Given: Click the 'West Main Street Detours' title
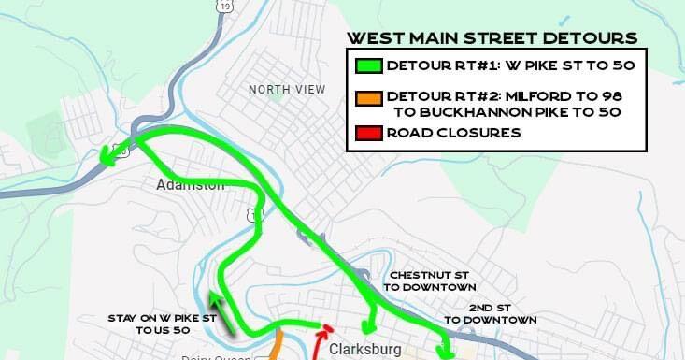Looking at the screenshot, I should pos(492,38).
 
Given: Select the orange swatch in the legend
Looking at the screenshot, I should pos(368,96).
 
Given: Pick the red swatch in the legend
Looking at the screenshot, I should pos(368,133).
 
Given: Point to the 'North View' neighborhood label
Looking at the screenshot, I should pos(287,89).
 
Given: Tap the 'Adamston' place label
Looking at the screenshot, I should pos(191,185).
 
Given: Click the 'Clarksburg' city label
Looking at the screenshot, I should pos(364,349).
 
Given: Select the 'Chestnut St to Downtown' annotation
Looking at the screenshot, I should pos(430,281).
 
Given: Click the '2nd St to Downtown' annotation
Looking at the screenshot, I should pos(491,313).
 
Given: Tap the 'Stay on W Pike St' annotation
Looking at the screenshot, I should pos(163,324).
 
